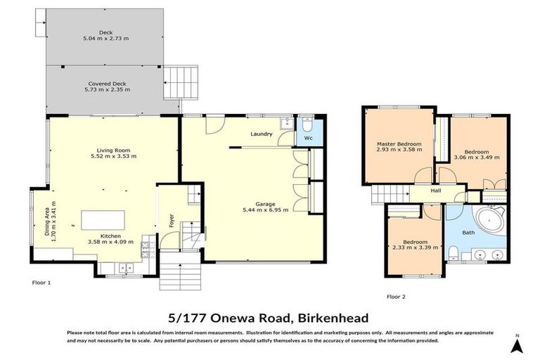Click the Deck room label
[x=106, y=33]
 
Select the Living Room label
[x=114, y=150]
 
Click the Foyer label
[x=171, y=221]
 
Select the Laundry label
[x=261, y=134]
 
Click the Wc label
[x=307, y=139]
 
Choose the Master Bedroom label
[x=399, y=144]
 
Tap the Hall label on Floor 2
[x=436, y=190]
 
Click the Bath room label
[x=468, y=232]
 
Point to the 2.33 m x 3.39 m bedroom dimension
[x=415, y=247]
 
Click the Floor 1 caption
[x=42, y=282]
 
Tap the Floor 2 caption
[x=397, y=296]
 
